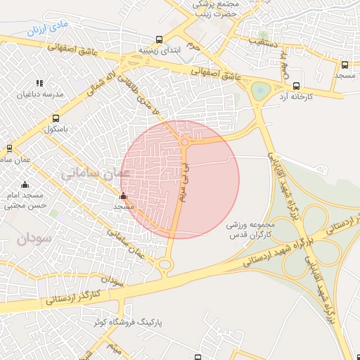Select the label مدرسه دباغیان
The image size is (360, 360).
coord(44,94)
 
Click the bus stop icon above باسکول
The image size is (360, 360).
coord(56,119)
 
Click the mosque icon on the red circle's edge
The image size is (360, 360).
coord(124,196)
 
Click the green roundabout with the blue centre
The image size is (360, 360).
coord(261,90)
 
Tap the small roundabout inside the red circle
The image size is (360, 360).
coord(184,143)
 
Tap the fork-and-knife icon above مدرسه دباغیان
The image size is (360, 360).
coord(39,82)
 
